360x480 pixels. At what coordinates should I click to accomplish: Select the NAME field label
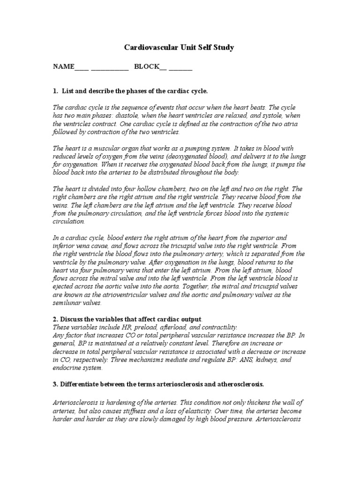[63, 67]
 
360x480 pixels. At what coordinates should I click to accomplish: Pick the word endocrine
[67, 368]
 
